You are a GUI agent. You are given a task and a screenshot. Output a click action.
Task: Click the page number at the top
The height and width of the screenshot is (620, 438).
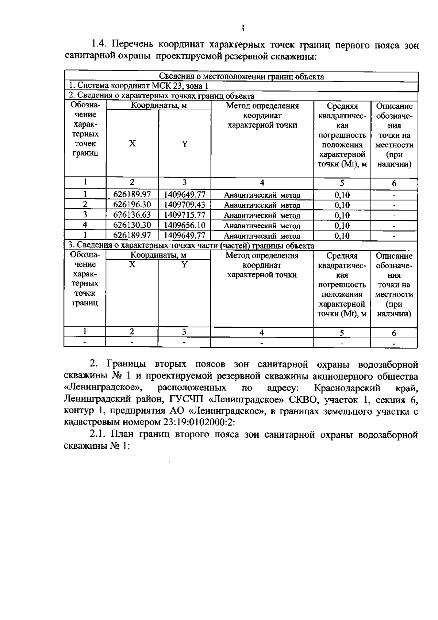click(x=242, y=28)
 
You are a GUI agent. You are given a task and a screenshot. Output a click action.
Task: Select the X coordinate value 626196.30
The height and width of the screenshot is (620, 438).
click(x=132, y=205)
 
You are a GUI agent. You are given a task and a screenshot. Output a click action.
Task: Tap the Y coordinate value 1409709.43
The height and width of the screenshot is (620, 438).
click(x=185, y=205)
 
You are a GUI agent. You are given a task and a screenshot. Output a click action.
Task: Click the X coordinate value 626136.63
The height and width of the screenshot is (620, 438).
click(x=132, y=215)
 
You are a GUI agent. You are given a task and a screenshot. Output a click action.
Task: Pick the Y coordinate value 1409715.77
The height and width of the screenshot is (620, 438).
click(x=185, y=215)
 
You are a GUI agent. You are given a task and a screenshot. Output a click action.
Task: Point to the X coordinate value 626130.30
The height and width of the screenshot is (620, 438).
click(x=132, y=225)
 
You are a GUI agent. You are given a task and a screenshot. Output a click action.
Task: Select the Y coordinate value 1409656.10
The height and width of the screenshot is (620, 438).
click(x=185, y=225)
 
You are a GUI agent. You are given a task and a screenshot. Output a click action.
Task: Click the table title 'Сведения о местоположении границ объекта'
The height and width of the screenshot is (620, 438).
click(x=241, y=77)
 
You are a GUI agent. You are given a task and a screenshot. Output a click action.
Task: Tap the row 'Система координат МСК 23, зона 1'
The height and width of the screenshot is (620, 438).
click(x=139, y=86)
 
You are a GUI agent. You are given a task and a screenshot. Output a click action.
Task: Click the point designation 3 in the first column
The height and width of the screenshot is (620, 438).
click(x=85, y=215)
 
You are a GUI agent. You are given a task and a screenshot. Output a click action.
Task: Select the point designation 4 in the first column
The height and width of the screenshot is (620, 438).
click(x=85, y=225)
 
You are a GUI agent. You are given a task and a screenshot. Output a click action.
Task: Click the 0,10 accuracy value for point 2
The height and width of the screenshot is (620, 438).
click(x=342, y=205)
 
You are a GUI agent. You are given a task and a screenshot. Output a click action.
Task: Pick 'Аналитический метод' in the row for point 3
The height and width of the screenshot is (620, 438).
click(x=262, y=216)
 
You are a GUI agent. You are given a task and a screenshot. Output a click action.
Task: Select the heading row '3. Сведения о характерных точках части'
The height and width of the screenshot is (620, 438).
click(x=190, y=246)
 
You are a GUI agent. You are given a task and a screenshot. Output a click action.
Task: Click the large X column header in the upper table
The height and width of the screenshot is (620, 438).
click(x=132, y=144)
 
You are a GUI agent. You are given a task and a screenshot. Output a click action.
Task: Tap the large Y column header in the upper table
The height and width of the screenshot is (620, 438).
click(x=185, y=144)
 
